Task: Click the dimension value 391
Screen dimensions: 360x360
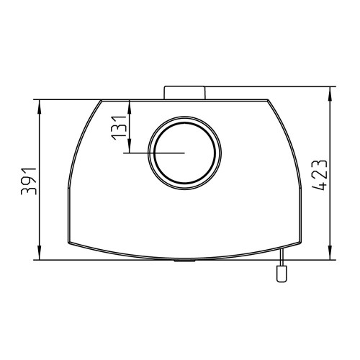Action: point(29,181)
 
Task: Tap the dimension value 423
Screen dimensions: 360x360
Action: point(320,175)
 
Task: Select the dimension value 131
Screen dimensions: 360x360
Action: point(118,128)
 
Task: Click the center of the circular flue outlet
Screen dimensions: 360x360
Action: point(184,153)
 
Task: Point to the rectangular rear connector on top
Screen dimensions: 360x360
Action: point(184,93)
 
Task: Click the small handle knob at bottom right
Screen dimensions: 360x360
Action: point(282,274)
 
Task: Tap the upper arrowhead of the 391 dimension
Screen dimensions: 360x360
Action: point(40,107)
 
